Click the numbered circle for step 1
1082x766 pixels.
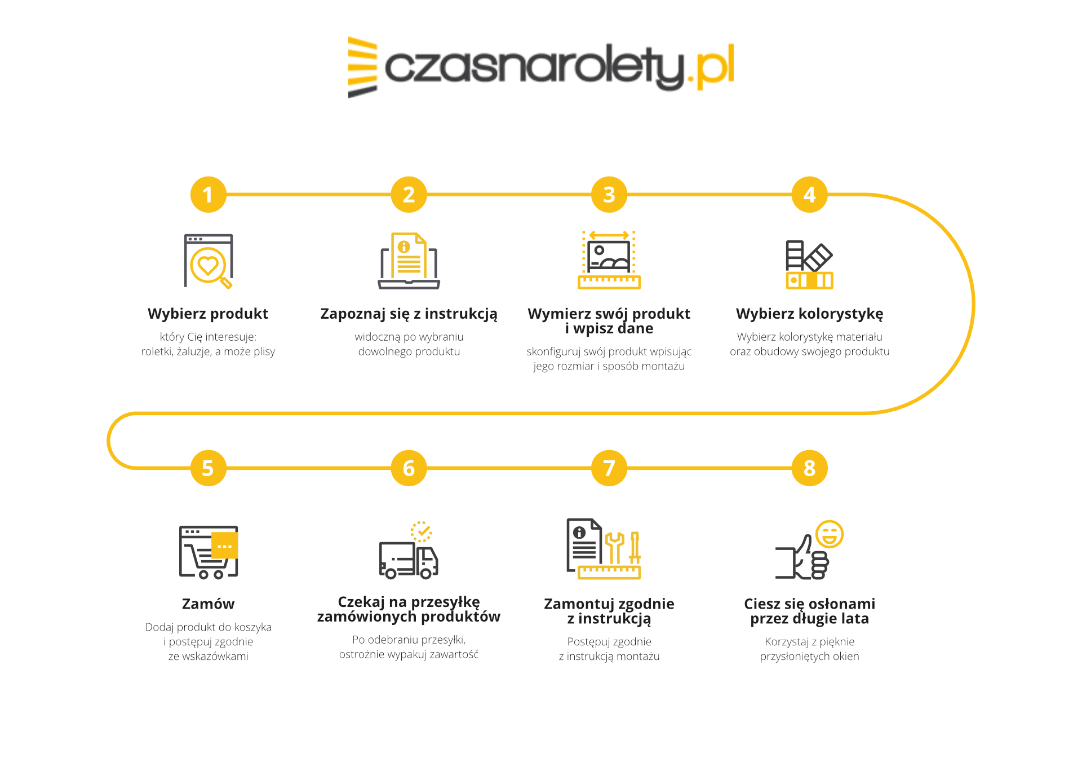(208, 195)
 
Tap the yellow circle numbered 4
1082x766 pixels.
(809, 195)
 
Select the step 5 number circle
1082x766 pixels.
(208, 468)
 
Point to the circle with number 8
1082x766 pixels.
(809, 468)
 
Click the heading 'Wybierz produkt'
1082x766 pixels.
(208, 314)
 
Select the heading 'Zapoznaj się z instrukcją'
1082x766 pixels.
(409, 314)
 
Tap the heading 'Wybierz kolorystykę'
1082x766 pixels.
(809, 314)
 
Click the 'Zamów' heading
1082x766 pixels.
(208, 604)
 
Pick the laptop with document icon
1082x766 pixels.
(409, 261)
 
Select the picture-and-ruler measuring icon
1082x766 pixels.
(609, 260)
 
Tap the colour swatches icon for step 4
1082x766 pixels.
(809, 265)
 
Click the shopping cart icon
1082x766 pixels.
(209, 552)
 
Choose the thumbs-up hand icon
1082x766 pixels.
(802, 558)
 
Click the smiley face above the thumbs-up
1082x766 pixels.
(830, 534)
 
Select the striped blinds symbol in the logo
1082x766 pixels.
(362, 67)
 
